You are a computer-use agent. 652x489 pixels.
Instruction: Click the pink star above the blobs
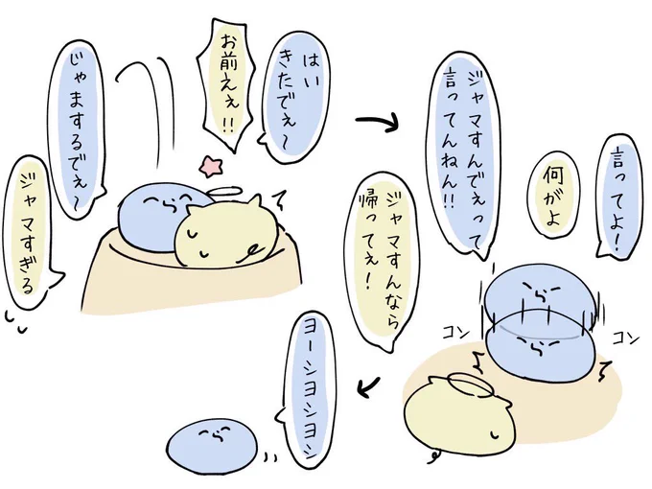[x=210, y=166]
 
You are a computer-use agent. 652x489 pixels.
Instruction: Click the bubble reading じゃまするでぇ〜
[x=78, y=128]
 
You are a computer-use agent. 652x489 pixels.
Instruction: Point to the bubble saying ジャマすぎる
[x=29, y=232]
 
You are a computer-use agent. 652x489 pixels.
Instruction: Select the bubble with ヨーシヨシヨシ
[x=308, y=391]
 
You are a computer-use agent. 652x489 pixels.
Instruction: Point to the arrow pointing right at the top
[x=377, y=121]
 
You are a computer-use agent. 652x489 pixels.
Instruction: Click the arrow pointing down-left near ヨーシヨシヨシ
[x=368, y=386]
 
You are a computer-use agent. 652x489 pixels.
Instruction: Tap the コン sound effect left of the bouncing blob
[x=455, y=333]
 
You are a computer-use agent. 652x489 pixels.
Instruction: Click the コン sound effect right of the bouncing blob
[x=625, y=338]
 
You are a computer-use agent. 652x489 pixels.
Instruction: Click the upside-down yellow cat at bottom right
[x=460, y=415]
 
